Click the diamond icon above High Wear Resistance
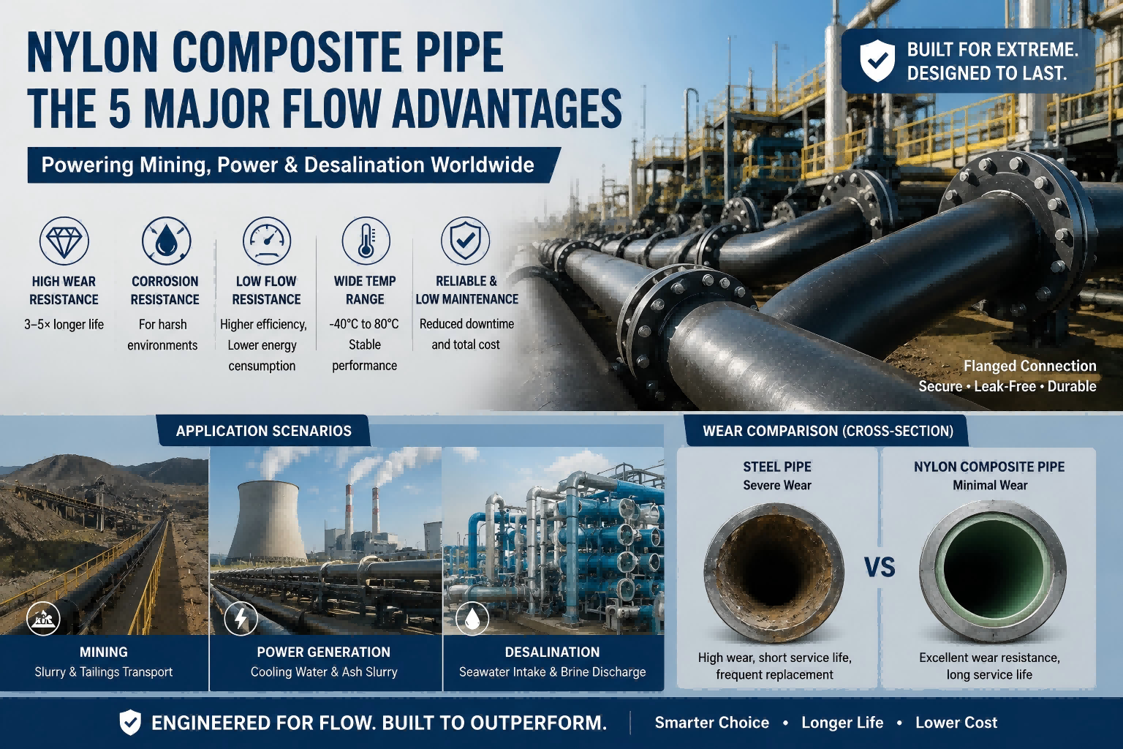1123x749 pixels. point(64,241)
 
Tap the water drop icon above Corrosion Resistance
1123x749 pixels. point(166,241)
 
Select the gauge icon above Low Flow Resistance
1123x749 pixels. point(267,241)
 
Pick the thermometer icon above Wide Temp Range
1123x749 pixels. point(366,241)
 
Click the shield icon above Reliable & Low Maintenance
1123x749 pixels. point(466,241)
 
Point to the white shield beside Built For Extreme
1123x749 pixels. point(877,61)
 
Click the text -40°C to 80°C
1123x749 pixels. point(365,324)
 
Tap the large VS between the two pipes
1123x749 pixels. point(880,568)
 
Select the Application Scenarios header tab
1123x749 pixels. point(264,430)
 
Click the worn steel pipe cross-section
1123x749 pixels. point(774,573)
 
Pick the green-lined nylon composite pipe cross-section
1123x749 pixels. point(993,571)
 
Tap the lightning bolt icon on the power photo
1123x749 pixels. point(241,619)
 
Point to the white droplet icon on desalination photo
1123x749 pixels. point(472,619)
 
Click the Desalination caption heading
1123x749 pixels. point(553,652)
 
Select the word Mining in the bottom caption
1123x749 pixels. point(104,652)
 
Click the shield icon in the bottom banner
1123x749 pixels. point(130,723)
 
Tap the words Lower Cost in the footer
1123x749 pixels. point(956,723)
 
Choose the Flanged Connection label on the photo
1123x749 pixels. point(1029,366)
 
